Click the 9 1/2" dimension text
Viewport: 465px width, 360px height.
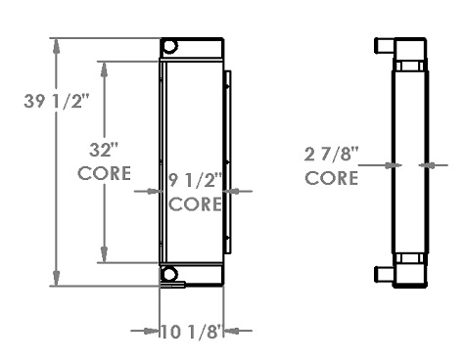(196, 180)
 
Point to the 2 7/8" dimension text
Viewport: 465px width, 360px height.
(331, 154)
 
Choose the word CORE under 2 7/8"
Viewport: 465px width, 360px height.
(331, 178)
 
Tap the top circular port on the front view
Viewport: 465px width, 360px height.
(169, 47)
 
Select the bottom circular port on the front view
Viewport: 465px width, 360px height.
(170, 274)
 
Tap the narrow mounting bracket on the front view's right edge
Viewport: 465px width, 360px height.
(227, 160)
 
